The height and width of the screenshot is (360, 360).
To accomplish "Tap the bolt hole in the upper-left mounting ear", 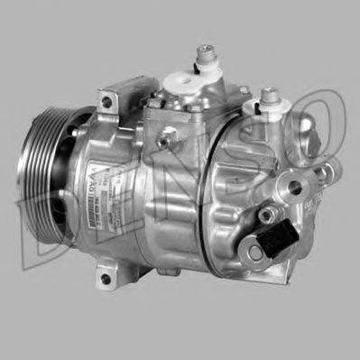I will [x=106, y=102].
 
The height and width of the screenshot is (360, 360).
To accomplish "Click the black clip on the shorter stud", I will [x=267, y=105].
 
